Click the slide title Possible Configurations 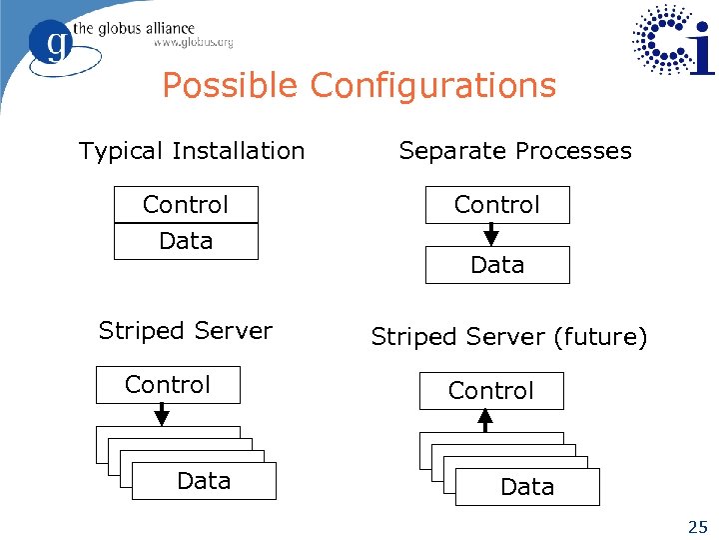coord(359,86)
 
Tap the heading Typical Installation coord(191,151)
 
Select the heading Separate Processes coord(514,151)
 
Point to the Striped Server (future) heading coord(508,338)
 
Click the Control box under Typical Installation coord(186,205)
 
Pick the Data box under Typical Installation coord(186,241)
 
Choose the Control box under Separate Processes coord(497,205)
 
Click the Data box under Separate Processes coord(497,265)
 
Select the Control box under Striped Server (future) coord(491,391)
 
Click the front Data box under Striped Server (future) coord(527,487)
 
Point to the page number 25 coord(696,526)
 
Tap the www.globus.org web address coord(193,43)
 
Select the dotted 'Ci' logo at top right coord(674,40)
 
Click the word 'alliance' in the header coord(162,27)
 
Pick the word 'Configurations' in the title coord(432,86)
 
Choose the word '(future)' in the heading coord(600,338)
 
